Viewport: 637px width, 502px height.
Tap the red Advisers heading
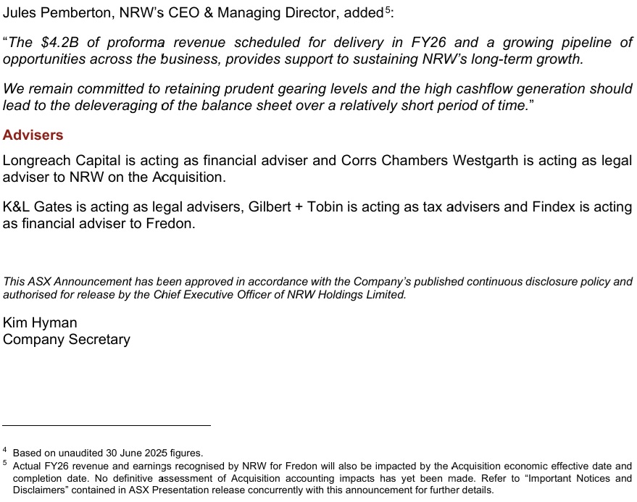tap(33, 135)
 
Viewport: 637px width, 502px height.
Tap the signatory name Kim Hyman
tap(40, 323)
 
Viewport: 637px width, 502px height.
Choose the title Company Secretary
tap(67, 340)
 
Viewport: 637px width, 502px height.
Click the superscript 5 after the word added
tap(388, 9)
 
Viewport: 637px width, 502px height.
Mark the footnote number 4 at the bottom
tap(5, 451)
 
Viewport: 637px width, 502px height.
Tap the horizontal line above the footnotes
tap(107, 425)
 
